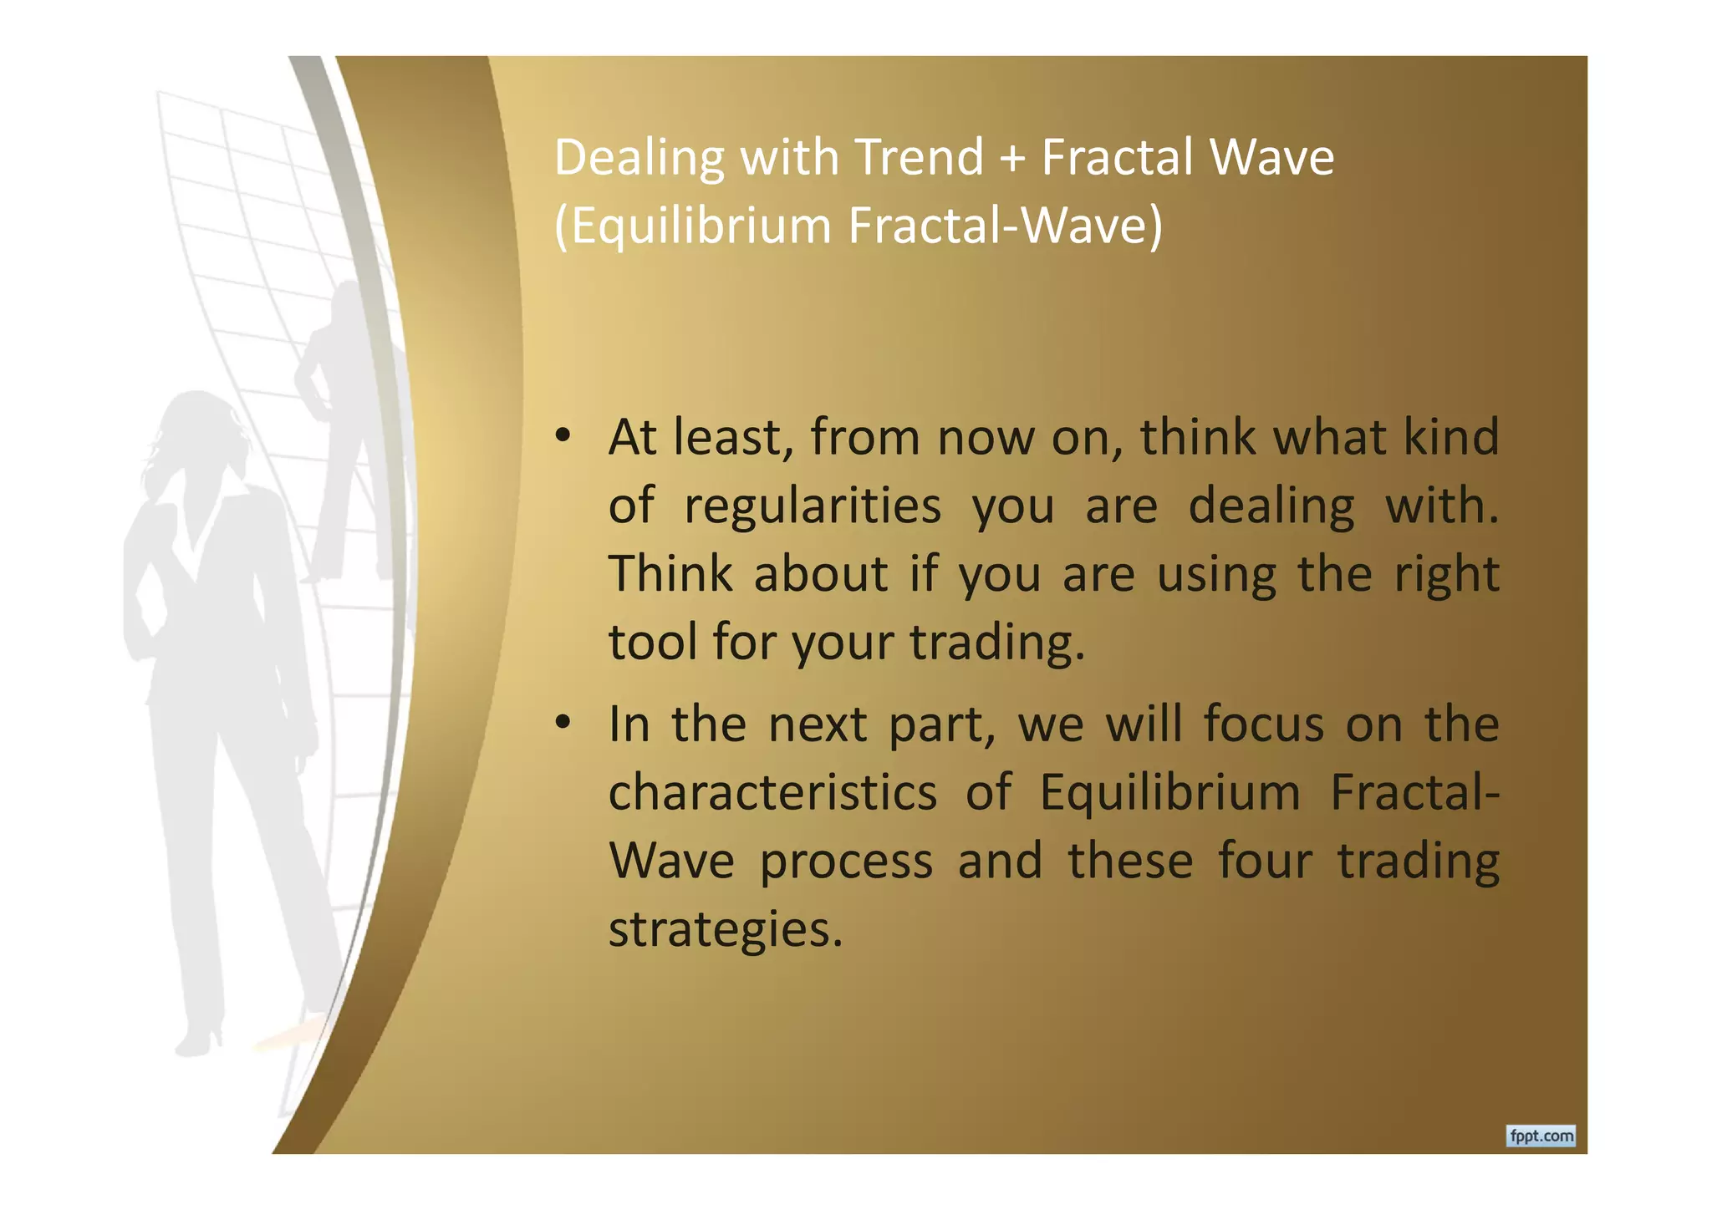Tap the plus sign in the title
(x=1011, y=159)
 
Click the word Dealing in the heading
(x=639, y=159)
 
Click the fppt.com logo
(x=1541, y=1136)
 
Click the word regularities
(x=812, y=506)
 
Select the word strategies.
(x=725, y=929)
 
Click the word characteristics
(x=772, y=792)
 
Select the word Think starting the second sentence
(x=671, y=574)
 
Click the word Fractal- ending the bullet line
(x=1414, y=792)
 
